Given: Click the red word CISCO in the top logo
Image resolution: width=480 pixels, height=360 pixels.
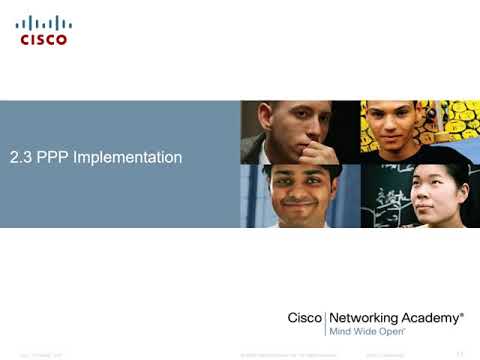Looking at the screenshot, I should pos(43,40).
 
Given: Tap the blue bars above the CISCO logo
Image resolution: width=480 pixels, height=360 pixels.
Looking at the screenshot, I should pos(43,23).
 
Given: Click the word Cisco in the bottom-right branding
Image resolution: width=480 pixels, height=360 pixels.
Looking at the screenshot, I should pos(304,318).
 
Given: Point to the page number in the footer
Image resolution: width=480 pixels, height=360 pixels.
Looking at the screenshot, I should pos(460,354).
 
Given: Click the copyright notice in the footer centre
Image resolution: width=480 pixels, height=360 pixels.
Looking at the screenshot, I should pos(285,355).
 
